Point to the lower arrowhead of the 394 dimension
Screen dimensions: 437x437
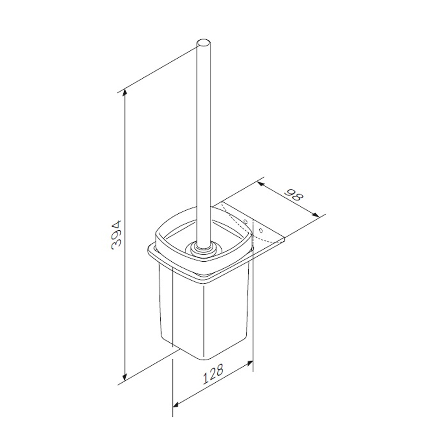125,376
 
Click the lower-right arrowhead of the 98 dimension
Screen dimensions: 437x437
315,214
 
